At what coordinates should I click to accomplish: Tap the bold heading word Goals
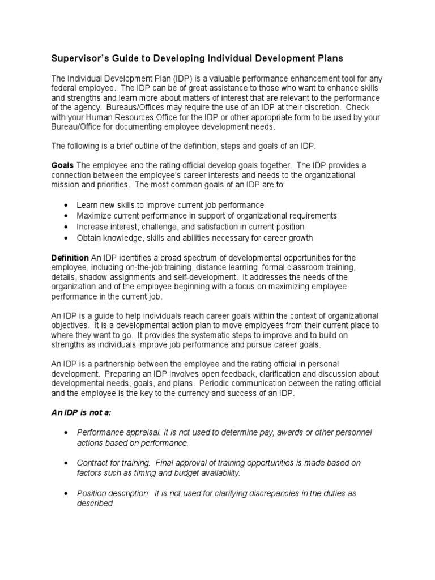(x=63, y=165)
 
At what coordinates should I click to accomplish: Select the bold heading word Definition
(x=70, y=258)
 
